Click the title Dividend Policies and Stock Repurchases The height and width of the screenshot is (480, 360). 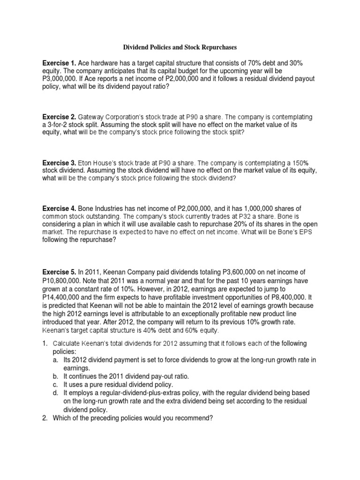(x=180, y=47)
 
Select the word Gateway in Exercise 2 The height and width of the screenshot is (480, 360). (x=92, y=116)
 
